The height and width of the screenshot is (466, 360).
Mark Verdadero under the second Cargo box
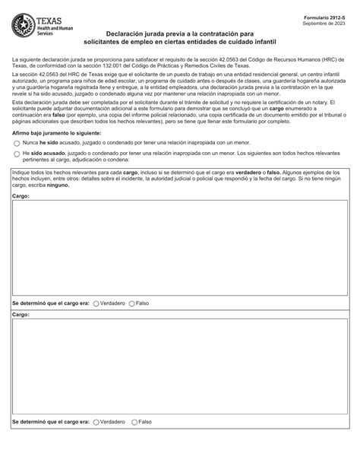96,421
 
